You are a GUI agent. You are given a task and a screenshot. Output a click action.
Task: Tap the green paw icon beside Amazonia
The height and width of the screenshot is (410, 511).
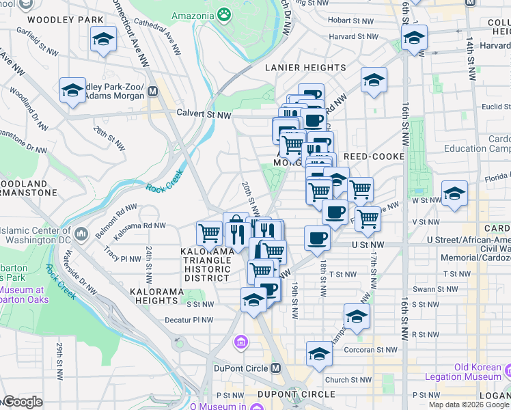(224, 14)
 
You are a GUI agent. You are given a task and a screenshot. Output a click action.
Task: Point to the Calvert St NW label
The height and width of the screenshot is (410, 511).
(204, 114)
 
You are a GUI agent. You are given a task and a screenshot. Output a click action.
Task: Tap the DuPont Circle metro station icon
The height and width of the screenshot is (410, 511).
(276, 368)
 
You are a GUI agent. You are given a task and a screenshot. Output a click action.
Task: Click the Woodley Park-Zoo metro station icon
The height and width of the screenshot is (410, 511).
(152, 90)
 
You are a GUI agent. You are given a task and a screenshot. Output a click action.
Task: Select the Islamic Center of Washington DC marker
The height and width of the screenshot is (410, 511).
(81, 234)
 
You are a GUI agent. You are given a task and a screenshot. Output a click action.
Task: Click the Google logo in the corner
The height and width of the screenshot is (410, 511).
(23, 402)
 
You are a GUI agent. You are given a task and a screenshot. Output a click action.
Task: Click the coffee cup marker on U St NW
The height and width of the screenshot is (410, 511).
(317, 238)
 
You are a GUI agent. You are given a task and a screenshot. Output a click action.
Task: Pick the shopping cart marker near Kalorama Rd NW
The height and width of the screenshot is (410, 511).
(209, 233)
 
